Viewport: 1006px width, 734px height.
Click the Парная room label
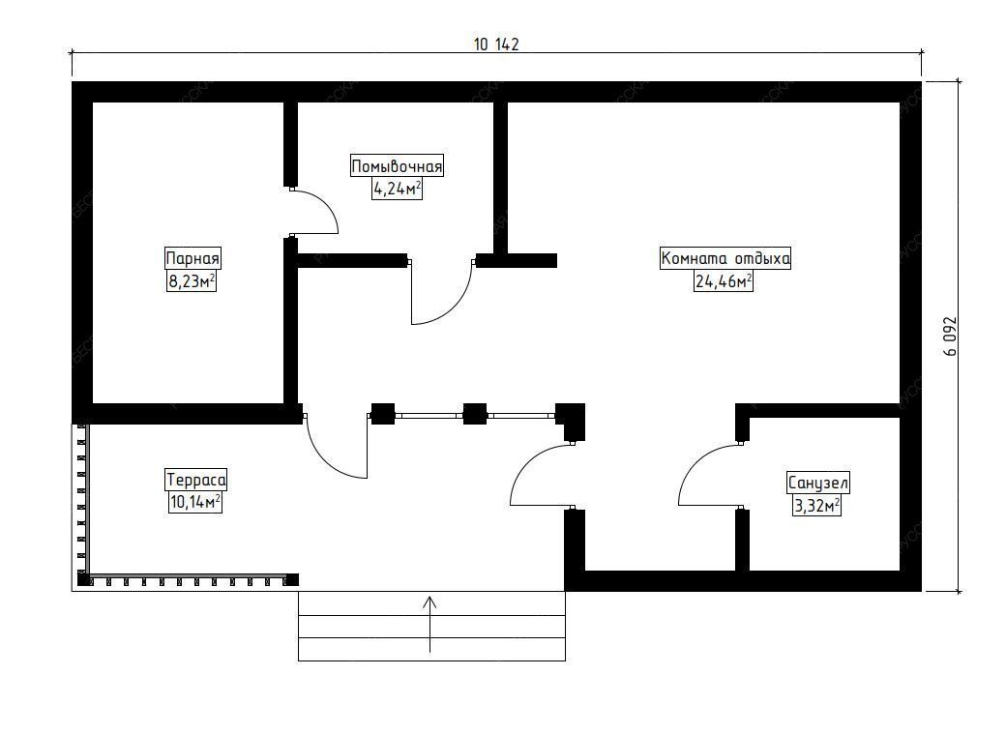pyautogui.click(x=193, y=259)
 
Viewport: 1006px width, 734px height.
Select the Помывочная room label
pyautogui.click(x=397, y=166)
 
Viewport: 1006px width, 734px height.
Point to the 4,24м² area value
pyautogui.click(x=397, y=189)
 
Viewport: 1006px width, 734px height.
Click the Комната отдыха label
pyautogui.click(x=725, y=258)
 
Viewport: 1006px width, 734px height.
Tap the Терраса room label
pyautogui.click(x=196, y=480)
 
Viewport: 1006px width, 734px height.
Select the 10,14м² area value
pyautogui.click(x=195, y=502)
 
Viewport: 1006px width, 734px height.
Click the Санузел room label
pyautogui.click(x=817, y=483)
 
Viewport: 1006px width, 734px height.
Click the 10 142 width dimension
pyautogui.click(x=496, y=44)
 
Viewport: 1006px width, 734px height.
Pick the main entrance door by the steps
pyautogui.click(x=538, y=476)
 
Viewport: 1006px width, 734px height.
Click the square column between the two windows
pyautogui.click(x=474, y=414)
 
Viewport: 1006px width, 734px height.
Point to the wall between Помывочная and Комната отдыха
pyautogui.click(x=500, y=179)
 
